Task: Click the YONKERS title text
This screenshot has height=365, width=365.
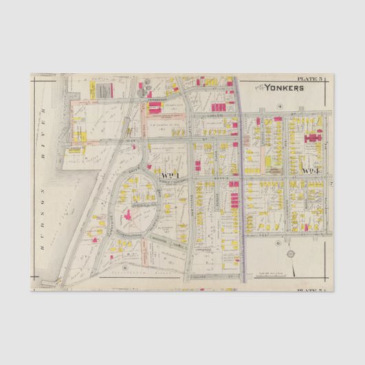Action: tap(283, 88)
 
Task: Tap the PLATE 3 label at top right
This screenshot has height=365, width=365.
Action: tap(309, 79)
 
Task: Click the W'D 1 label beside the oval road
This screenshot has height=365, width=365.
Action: tap(169, 174)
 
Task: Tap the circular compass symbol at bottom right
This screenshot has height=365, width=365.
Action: tap(290, 255)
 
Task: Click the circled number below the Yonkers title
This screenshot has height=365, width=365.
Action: tap(280, 106)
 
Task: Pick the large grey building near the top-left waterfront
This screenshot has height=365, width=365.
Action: tap(103, 90)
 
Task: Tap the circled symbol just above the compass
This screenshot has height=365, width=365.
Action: tap(277, 244)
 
